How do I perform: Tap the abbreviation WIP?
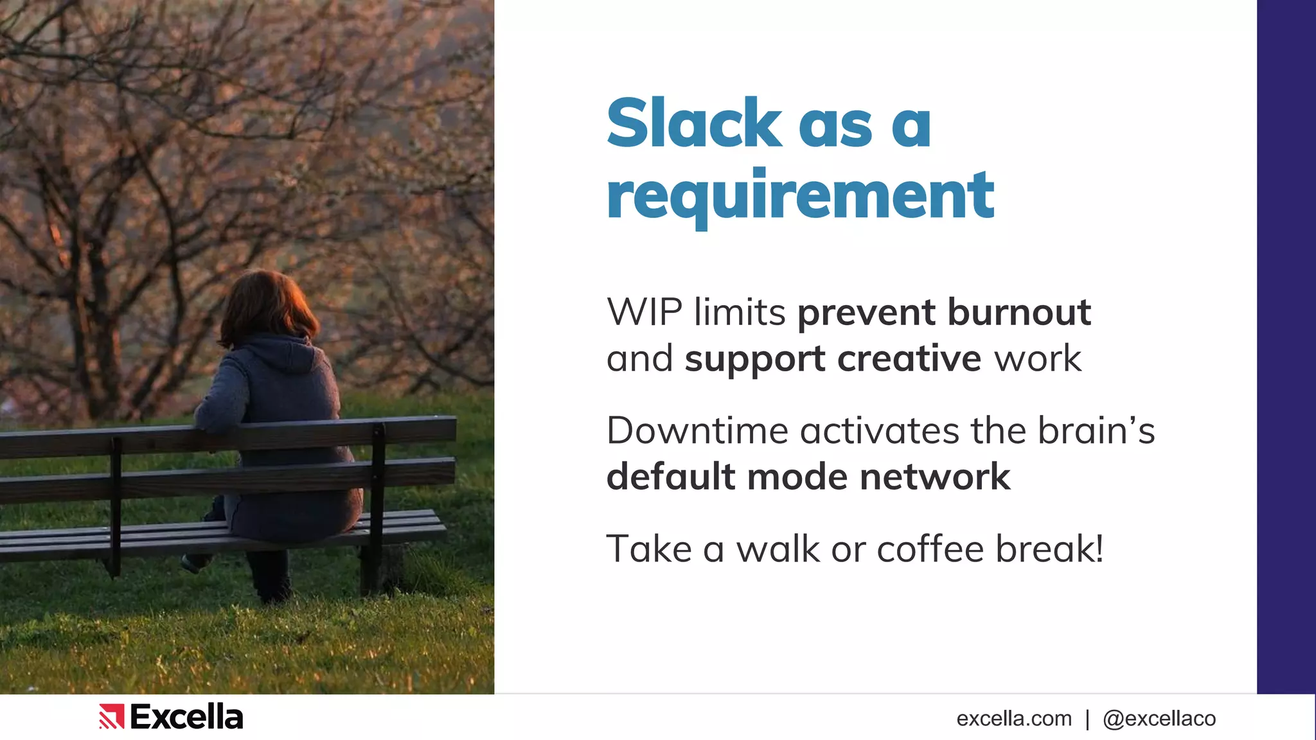tap(645, 312)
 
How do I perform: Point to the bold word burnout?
tap(1019, 312)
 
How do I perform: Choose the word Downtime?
tap(697, 430)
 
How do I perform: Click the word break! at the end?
tap(1050, 549)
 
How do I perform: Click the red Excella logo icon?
tap(111, 717)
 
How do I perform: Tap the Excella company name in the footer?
tap(186, 717)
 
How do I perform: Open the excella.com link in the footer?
tap(1014, 719)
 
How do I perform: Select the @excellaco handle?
tap(1159, 719)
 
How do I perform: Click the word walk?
tap(778, 549)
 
